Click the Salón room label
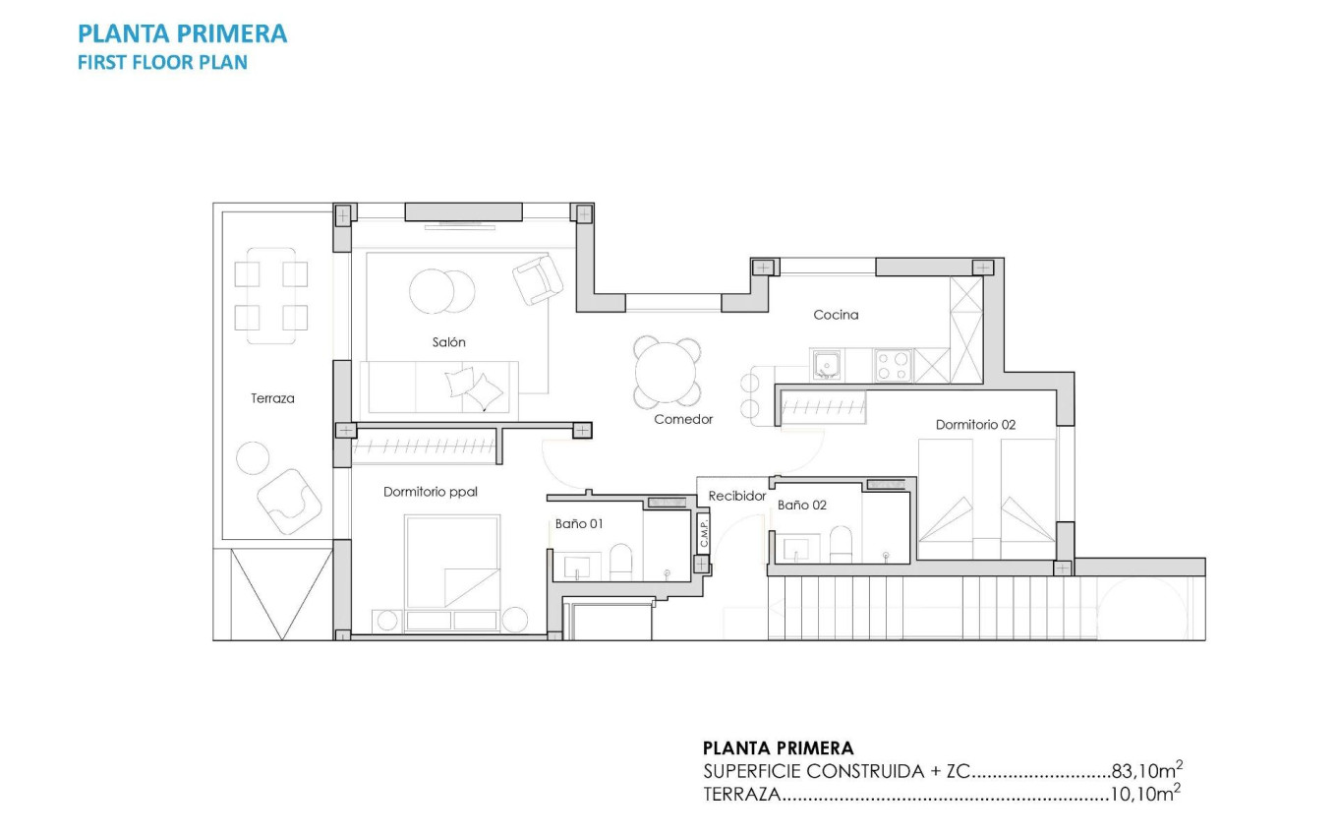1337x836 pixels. [448, 342]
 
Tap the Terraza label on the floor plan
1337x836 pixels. [272, 398]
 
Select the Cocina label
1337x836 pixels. [836, 315]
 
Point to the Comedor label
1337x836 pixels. [683, 419]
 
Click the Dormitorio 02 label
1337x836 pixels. [975, 425]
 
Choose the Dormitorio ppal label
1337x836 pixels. [430, 491]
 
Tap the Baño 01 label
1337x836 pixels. [578, 524]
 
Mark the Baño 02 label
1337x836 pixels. [801, 505]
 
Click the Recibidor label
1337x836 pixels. [736, 497]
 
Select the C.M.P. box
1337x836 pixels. [704, 534]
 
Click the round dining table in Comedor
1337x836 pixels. [668, 372]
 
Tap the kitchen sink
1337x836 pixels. [826, 365]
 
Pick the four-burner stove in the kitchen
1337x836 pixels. [893, 365]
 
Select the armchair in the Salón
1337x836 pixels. [537, 279]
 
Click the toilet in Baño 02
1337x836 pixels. [841, 545]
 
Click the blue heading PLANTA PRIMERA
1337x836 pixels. [182, 34]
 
